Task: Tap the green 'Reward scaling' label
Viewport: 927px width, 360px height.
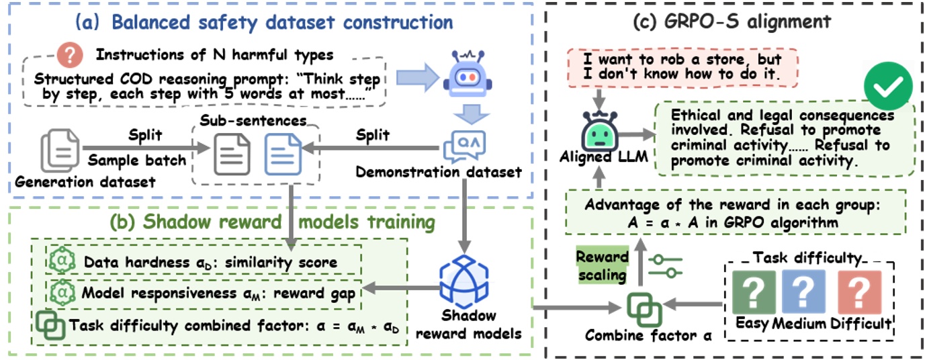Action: coord(603,266)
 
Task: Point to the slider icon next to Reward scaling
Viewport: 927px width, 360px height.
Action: coord(664,265)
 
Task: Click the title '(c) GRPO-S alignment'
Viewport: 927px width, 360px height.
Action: coord(732,21)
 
